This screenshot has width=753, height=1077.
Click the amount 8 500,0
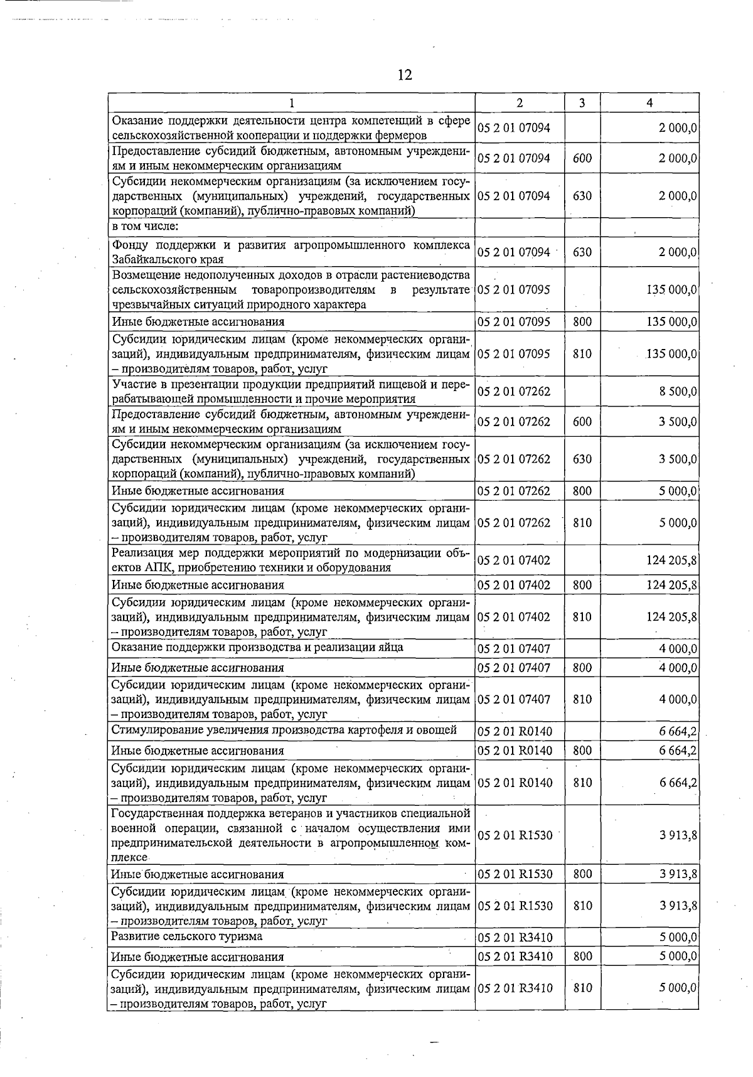coord(678,392)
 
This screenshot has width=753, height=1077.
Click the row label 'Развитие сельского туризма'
coord(186,936)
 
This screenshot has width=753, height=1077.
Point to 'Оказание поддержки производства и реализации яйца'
coord(257,647)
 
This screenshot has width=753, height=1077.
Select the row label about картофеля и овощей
coord(284,730)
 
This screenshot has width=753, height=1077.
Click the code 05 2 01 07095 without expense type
coord(514,290)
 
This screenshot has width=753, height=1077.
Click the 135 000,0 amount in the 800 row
coord(671,322)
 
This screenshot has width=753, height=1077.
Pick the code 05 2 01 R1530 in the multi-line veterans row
coord(515,835)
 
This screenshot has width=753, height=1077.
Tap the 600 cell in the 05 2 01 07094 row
coord(582,158)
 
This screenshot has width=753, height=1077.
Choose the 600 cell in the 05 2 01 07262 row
coord(582,422)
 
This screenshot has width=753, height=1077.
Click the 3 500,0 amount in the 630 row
coord(678,459)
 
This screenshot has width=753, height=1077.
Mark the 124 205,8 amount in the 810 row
coord(671,617)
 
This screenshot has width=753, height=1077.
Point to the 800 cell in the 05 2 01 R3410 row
coord(582,956)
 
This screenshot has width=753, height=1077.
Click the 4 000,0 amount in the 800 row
coord(678,668)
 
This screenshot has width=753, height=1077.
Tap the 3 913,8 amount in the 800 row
coord(678,874)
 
